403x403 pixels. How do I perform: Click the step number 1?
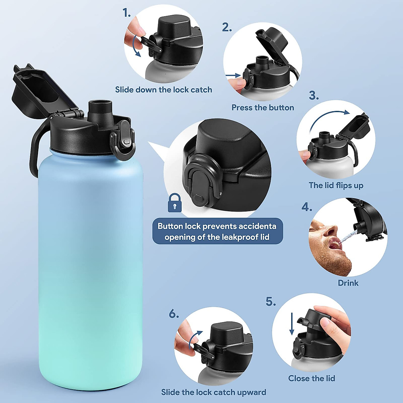126,13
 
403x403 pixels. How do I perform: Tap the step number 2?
227,28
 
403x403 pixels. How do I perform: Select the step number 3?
313,96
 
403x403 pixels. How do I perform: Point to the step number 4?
306,207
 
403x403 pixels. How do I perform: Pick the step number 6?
173,314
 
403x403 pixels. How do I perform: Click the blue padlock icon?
175,203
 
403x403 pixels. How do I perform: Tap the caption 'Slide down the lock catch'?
164,90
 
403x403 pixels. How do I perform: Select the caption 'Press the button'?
263,108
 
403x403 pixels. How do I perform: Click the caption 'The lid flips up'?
336,185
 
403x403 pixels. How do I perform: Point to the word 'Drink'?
348,283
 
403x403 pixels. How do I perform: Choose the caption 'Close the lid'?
312,378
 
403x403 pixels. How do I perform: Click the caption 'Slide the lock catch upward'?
214,392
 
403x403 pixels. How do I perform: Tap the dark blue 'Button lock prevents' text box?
217,231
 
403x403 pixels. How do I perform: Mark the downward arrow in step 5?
292,324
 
